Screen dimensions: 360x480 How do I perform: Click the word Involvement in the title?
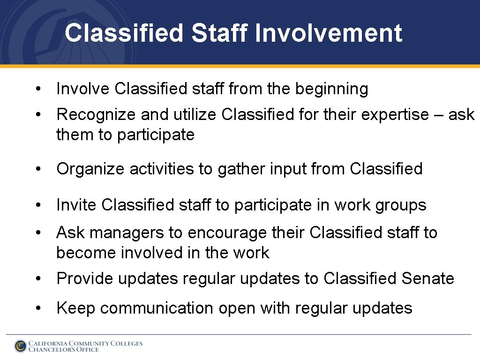[329, 33]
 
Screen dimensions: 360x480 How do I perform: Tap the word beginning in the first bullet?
[331, 89]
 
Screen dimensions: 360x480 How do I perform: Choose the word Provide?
[85, 278]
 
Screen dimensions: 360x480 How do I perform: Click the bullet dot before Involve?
[42, 89]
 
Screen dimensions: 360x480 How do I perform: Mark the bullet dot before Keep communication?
[42, 308]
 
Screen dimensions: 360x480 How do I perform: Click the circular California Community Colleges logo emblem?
[20, 346]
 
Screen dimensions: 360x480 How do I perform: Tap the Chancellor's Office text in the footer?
[64, 350]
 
